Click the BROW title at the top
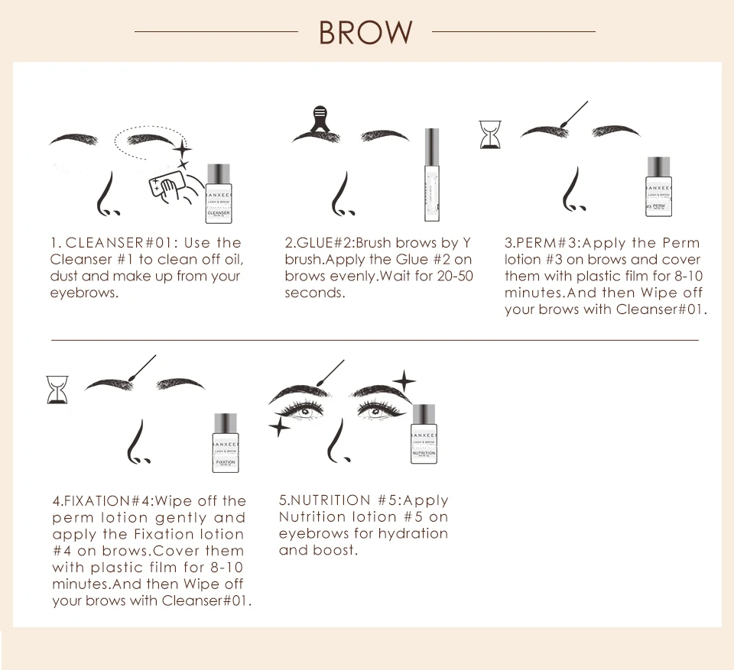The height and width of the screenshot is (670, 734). pyautogui.click(x=365, y=33)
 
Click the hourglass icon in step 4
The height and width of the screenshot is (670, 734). pyautogui.click(x=57, y=388)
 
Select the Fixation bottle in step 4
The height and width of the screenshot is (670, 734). pyautogui.click(x=226, y=444)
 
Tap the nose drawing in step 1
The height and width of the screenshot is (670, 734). pyautogui.click(x=106, y=195)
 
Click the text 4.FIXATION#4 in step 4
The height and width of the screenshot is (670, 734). pyautogui.click(x=102, y=501)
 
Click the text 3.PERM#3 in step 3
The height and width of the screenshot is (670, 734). pyautogui.click(x=542, y=243)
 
